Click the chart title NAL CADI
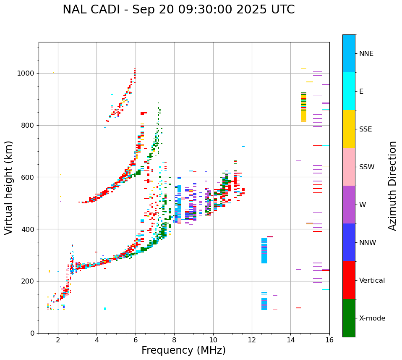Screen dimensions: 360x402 pyautogui.click(x=178, y=10)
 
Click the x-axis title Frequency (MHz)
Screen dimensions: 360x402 pyautogui.click(x=183, y=350)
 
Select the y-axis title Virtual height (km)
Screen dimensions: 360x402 pyautogui.click(x=9, y=188)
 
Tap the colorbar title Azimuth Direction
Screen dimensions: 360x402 pyautogui.click(x=392, y=186)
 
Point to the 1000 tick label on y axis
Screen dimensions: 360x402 pyautogui.click(x=25, y=74)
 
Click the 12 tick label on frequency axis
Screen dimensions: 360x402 pyautogui.click(x=252, y=340)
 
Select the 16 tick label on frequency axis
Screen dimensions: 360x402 pyautogui.click(x=329, y=340)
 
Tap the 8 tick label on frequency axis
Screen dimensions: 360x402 pyautogui.click(x=174, y=340)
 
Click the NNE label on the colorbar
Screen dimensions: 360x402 pyautogui.click(x=366, y=54)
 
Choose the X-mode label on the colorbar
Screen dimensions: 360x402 pyautogui.click(x=372, y=318)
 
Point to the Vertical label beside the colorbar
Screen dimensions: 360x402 pyautogui.click(x=372, y=281)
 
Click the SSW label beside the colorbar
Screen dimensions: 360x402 pyautogui.click(x=367, y=167)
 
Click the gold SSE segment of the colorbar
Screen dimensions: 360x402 pyautogui.click(x=349, y=129)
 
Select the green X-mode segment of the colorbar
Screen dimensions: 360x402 pyautogui.click(x=349, y=318)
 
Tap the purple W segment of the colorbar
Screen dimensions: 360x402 pyautogui.click(x=349, y=205)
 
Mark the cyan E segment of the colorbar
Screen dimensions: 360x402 pyautogui.click(x=349, y=91)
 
